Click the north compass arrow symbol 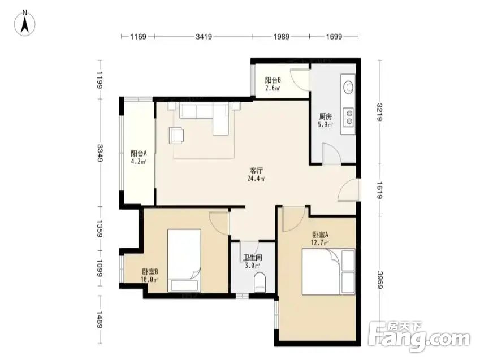(25, 23)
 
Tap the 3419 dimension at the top (204, 37)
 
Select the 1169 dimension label (138, 37)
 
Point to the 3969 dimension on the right (380, 280)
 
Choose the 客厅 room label (256, 171)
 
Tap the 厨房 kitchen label (326, 116)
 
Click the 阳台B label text (273, 80)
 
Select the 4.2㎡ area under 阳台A (139, 162)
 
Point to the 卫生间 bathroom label (253, 258)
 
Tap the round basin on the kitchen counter (348, 87)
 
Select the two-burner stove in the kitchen (348, 117)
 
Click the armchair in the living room (176, 135)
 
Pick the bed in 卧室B (184, 261)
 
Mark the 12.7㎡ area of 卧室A (320, 244)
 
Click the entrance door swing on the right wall (348, 190)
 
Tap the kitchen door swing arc (331, 153)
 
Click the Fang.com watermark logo (419, 337)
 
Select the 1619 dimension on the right (380, 190)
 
